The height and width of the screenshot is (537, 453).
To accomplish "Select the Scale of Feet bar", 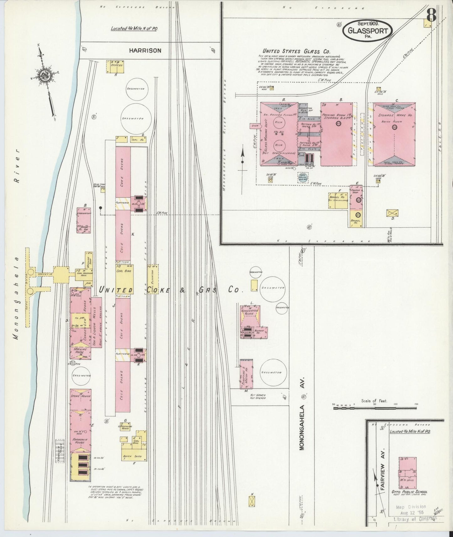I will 374,408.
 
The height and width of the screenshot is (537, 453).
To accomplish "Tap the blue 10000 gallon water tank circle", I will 302,177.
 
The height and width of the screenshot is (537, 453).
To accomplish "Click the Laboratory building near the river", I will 84,220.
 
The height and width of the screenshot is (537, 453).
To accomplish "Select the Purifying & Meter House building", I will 246,374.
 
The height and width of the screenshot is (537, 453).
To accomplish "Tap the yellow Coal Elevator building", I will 153,279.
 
